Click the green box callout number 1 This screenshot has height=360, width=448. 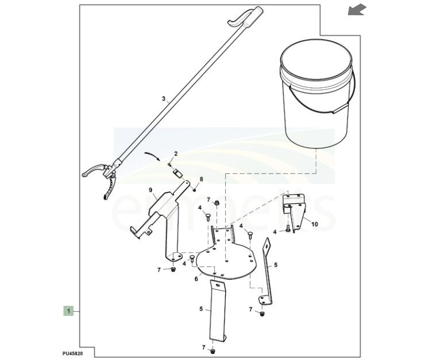coord(68,311)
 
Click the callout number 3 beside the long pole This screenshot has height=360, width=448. coord(163,99)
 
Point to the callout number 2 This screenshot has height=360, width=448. coord(176,153)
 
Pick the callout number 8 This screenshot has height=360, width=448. coord(201,180)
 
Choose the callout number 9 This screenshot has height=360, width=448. coord(150,190)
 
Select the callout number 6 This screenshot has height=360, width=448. coord(196,279)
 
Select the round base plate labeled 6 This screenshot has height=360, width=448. coord(227,261)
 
